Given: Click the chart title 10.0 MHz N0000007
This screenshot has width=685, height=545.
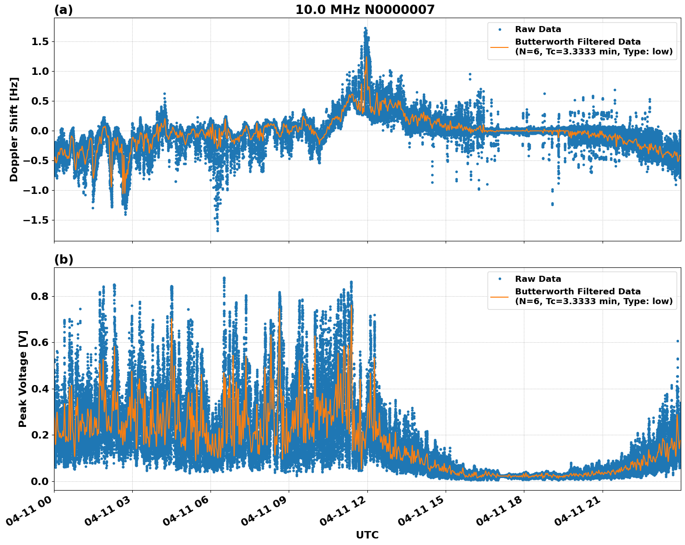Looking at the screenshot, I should click(x=365, y=10).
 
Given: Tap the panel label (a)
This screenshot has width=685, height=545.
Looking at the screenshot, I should click(x=63, y=10).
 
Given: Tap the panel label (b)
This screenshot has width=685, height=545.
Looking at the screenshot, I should click(x=64, y=259).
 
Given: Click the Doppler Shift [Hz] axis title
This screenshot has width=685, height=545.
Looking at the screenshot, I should click(x=14, y=129).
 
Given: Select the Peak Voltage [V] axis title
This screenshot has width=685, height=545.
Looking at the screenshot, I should click(x=23, y=379).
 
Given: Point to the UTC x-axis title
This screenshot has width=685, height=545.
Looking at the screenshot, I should click(x=367, y=535).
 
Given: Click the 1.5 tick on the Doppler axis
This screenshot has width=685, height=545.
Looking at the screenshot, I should click(x=41, y=42).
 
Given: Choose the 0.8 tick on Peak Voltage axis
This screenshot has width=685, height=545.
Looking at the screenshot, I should click(x=41, y=296).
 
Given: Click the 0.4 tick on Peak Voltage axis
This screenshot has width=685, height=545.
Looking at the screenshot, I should click(x=41, y=389).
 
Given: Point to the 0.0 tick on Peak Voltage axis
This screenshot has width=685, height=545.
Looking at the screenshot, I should click(x=41, y=481).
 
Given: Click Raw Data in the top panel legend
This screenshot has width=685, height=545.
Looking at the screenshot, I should click(x=538, y=30).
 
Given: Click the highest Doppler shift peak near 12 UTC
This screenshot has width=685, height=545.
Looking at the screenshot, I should click(x=366, y=28).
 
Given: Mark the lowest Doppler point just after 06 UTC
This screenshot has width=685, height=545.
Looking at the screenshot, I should click(x=217, y=230).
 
